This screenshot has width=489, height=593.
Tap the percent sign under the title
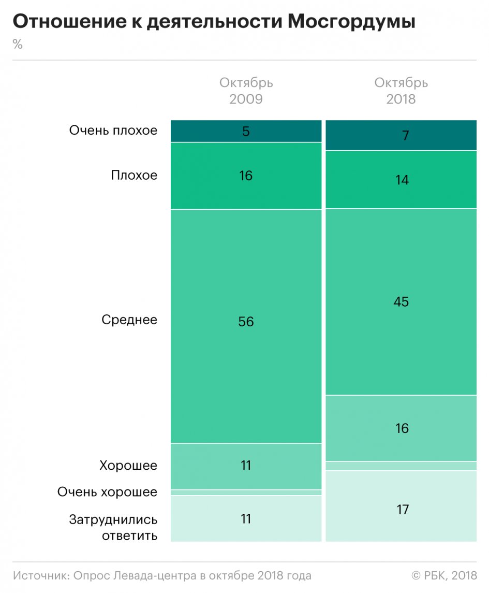click(18, 45)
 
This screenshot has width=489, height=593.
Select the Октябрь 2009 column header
click(246, 91)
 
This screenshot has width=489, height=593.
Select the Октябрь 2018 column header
click(401, 91)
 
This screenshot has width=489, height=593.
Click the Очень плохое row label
click(113, 131)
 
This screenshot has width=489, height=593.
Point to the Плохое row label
click(134, 176)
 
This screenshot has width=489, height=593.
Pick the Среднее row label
click(129, 320)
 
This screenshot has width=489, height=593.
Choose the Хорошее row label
click(128, 466)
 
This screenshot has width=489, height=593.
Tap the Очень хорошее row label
click(107, 492)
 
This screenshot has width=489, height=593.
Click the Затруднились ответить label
click(113, 527)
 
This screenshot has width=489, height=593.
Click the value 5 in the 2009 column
click(246, 131)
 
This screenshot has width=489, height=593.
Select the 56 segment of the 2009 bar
click(246, 322)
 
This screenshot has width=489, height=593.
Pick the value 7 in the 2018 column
click(401, 136)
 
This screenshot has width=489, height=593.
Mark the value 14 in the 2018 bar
click(401, 180)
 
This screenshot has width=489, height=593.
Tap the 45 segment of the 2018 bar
click(401, 301)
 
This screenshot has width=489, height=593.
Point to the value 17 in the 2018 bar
click(401, 510)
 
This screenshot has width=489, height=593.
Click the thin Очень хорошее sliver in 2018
click(401, 466)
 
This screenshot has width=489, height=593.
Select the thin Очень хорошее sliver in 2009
click(246, 493)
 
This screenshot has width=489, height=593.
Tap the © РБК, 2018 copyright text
click(444, 575)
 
